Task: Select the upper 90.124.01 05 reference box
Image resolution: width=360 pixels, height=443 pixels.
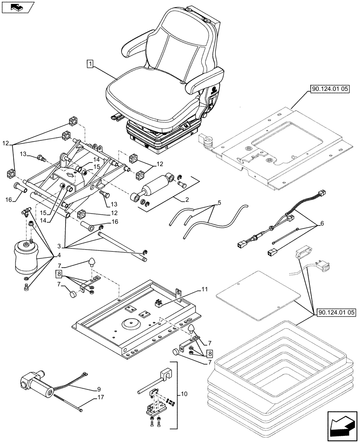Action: (x=330, y=89)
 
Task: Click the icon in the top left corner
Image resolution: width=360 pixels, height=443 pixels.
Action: (x=17, y=7)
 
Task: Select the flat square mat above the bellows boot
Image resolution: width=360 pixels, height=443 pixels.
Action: (x=256, y=295)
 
